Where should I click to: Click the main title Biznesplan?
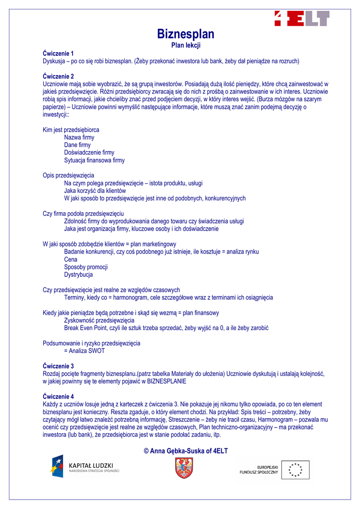coord(185,34)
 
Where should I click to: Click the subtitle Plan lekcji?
coord(185,45)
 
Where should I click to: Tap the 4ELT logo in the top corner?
coord(302,18)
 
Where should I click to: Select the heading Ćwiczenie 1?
coord(58,53)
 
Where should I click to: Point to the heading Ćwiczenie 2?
coord(58,76)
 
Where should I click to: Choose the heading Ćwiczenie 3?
coord(58,366)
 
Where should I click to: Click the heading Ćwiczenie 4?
coord(58,396)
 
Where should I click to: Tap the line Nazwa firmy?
coord(79,137)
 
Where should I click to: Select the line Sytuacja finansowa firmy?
coord(94,161)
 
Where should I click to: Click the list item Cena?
coord(71,259)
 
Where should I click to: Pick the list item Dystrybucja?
coord(78,274)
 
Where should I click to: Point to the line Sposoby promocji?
coord(86,267)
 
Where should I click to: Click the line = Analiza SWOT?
coord(85,350)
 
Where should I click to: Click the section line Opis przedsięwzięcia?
coord(68,175)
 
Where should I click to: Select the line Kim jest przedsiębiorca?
coord(71,130)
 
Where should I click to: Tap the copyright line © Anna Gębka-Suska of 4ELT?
coord(185,451)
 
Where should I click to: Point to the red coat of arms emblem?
coord(184,468)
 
